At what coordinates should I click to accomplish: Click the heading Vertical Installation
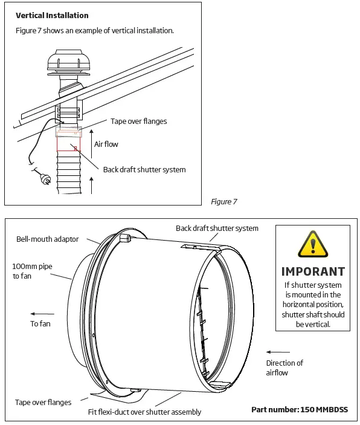coord(52,15)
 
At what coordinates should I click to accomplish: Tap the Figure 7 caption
coord(223,201)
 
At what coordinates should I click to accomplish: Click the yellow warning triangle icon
coord(312,246)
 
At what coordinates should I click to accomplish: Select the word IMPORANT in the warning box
coord(313,271)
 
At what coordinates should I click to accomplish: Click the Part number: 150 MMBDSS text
coord(300,409)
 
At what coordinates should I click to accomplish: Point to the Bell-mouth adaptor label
coord(47,239)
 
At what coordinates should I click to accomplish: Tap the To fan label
coord(42,324)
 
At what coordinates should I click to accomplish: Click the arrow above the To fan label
coord(42,314)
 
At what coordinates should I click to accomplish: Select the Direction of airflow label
coord(284,368)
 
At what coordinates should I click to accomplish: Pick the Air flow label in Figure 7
coord(106,144)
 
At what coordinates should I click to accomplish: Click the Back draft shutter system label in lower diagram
coord(217,228)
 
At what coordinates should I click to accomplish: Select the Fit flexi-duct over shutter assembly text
coord(144,412)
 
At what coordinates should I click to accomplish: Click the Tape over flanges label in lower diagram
coord(43,402)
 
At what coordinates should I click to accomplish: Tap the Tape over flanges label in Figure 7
coord(138,122)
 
